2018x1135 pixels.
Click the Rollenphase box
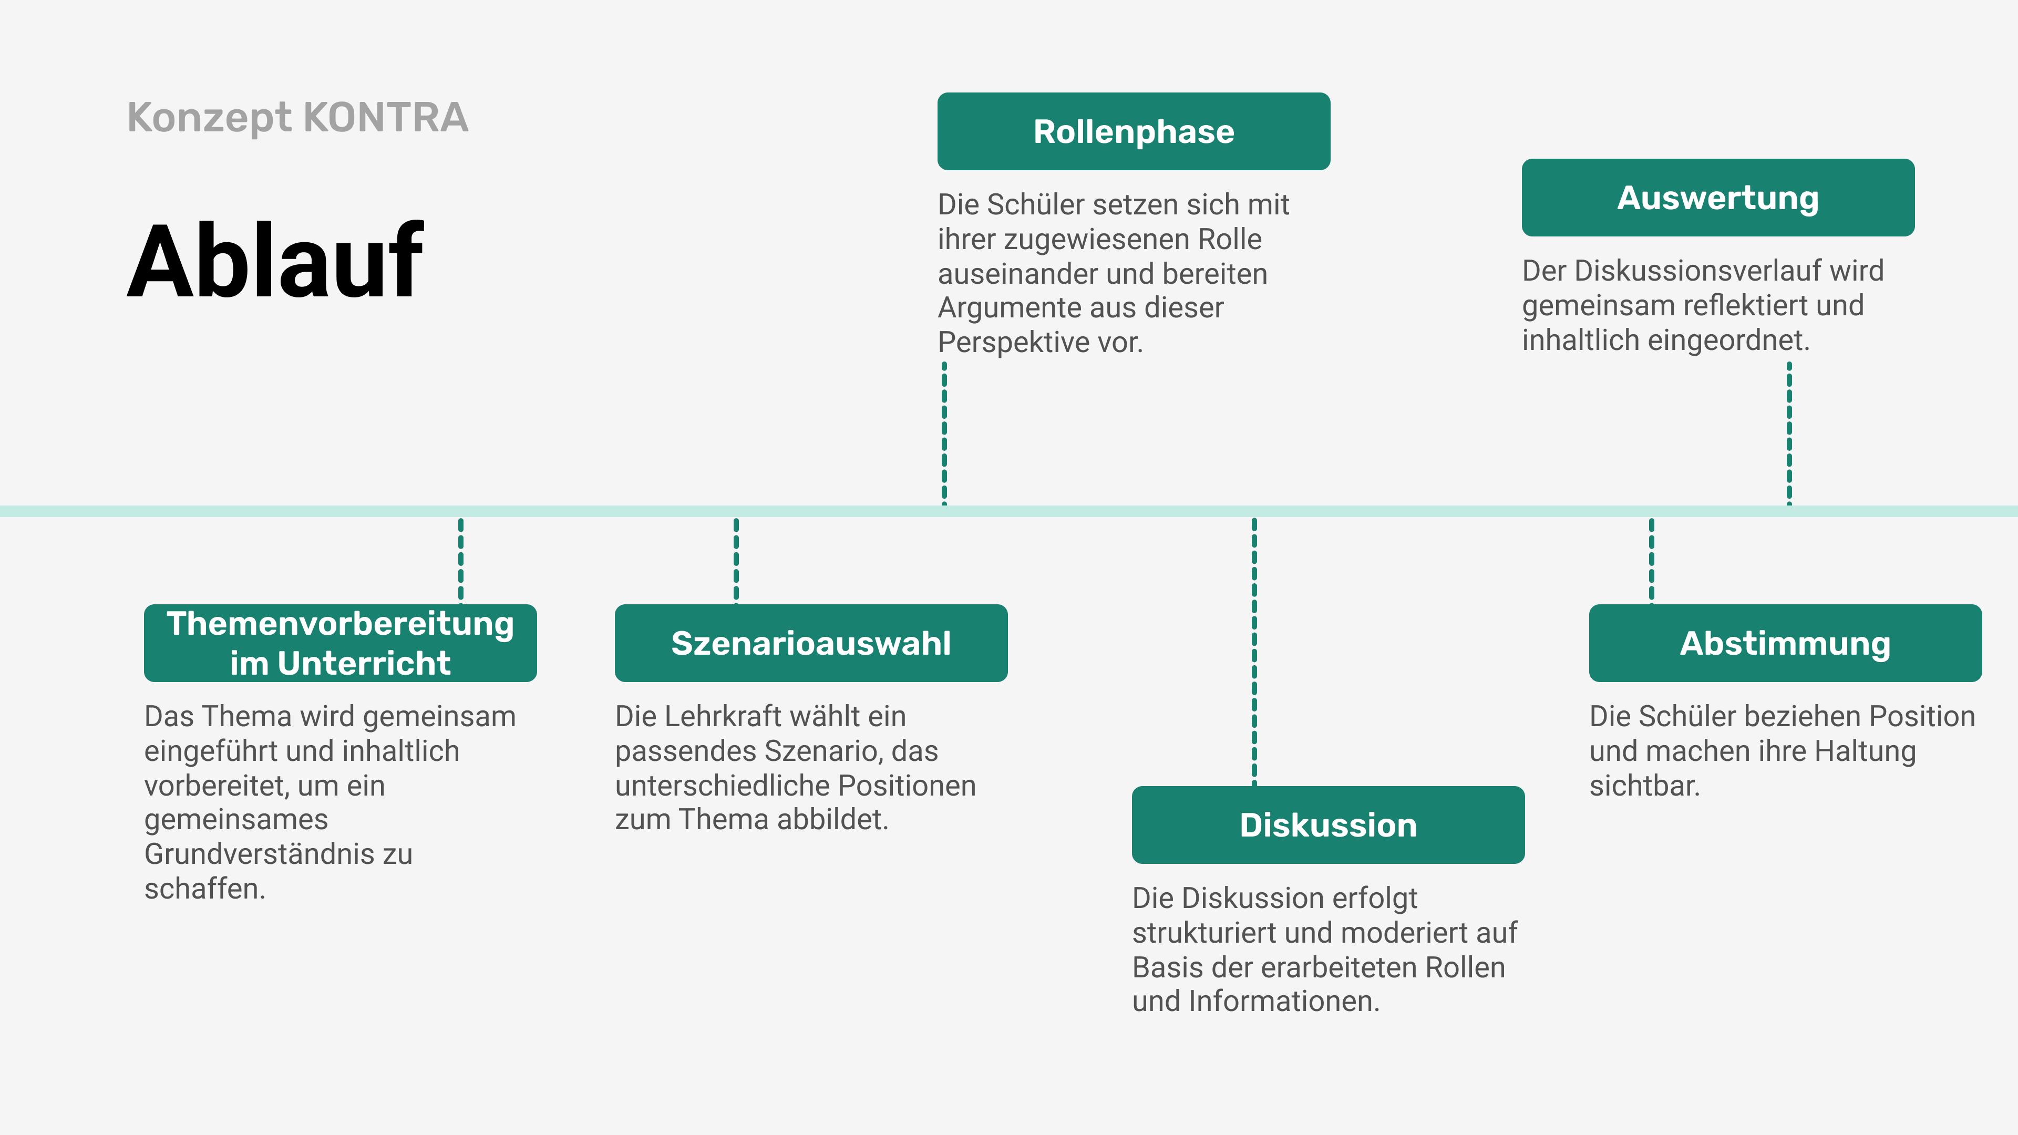(1134, 131)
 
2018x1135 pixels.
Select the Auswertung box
(1717, 198)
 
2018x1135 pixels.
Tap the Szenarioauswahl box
(811, 643)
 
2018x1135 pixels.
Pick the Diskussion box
(1328, 825)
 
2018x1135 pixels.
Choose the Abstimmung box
(1785, 643)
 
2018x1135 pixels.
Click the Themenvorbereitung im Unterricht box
(340, 643)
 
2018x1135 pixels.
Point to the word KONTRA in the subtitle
(385, 118)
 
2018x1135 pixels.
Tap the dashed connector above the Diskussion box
(1254, 650)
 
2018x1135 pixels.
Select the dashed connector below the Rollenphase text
(944, 432)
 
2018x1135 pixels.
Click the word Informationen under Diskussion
(1282, 1001)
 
